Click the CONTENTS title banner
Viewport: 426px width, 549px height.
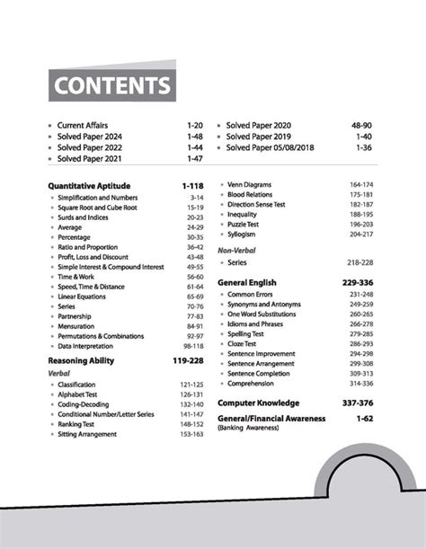click(112, 86)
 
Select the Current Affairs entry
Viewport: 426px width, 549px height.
click(82, 126)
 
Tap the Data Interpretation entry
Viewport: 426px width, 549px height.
click(85, 345)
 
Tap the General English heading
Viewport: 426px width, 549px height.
click(254, 281)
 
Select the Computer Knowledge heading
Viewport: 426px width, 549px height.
click(266, 403)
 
